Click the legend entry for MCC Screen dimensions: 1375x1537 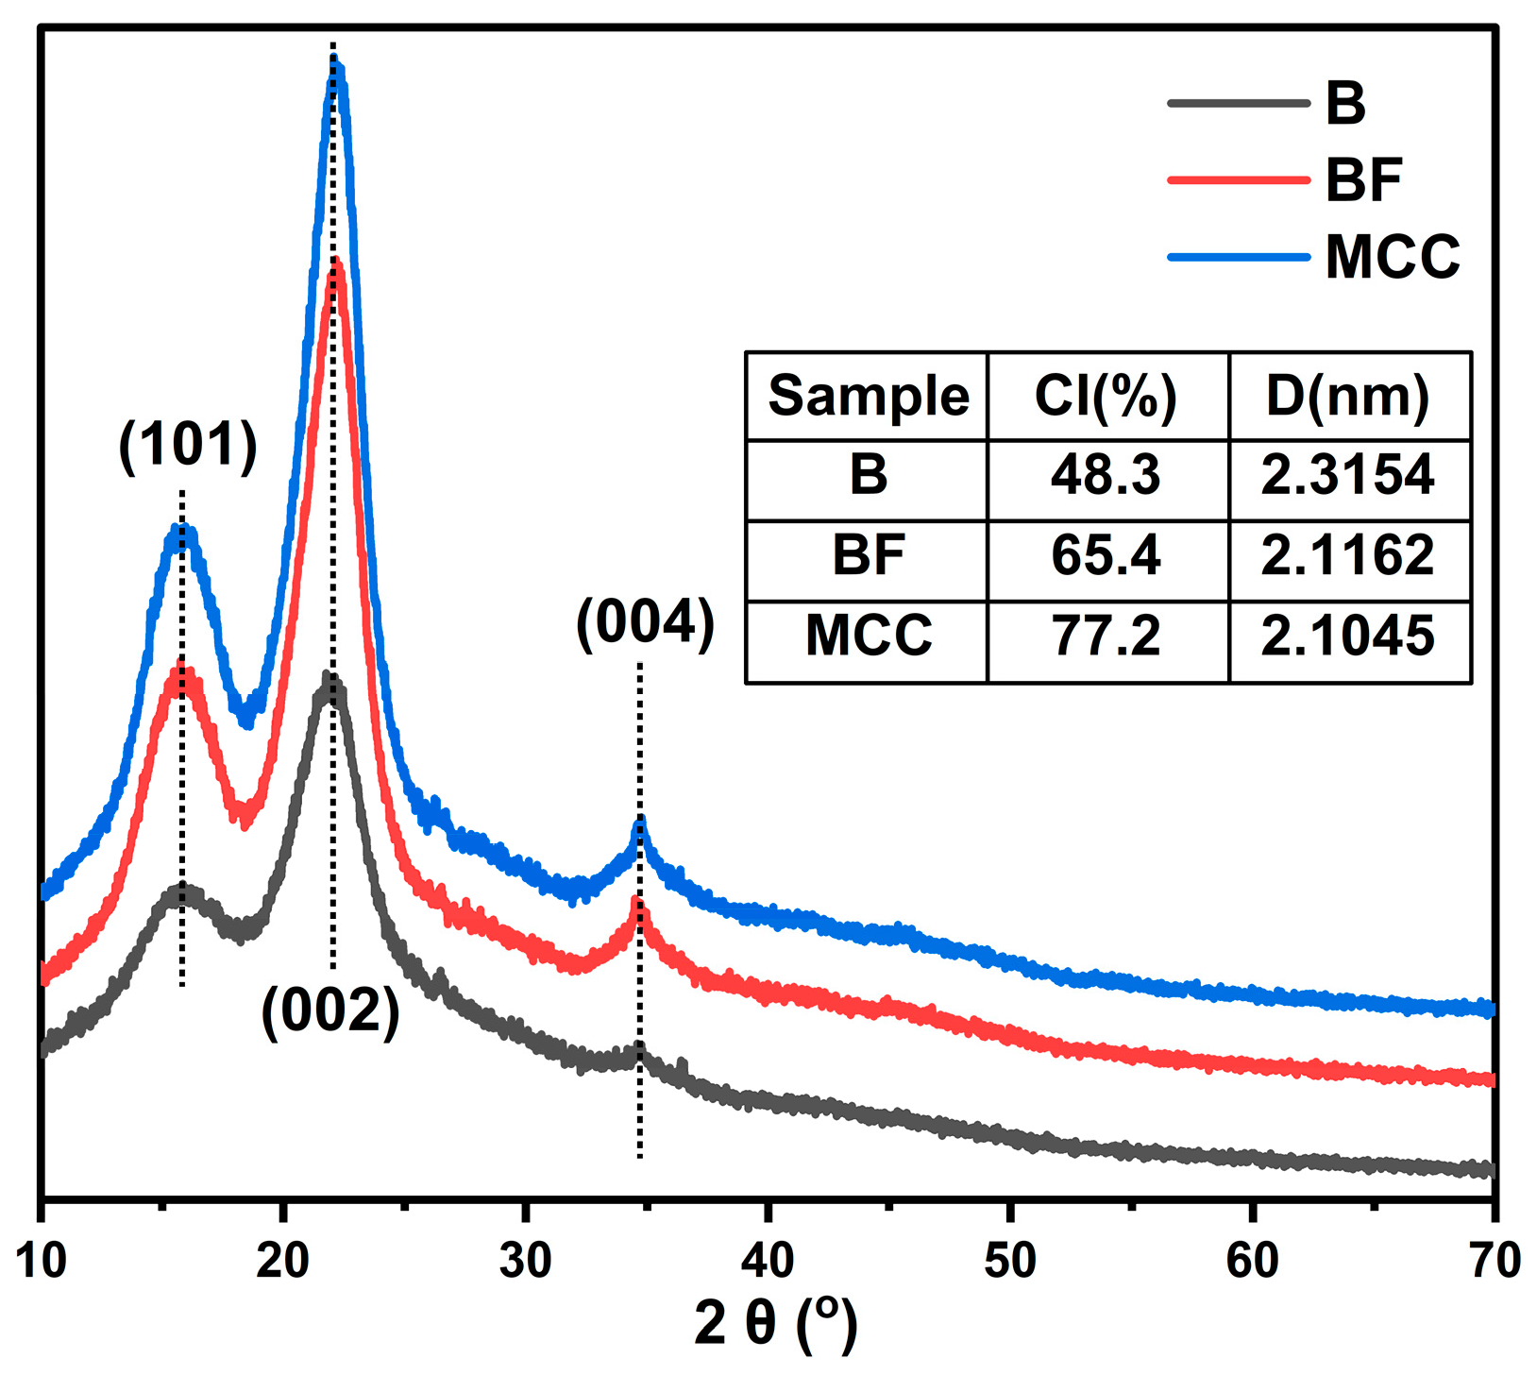tap(1392, 256)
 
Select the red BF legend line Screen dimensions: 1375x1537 tap(1239, 178)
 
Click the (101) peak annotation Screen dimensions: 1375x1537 tap(188, 444)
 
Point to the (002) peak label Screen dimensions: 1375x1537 tap(330, 1011)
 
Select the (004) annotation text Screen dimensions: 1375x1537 tap(646, 624)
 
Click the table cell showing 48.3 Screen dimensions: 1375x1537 tap(1106, 474)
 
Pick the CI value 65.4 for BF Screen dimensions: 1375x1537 tap(1106, 554)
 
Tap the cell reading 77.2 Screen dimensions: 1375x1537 tap(1106, 636)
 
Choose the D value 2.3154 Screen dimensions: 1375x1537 tap(1347, 474)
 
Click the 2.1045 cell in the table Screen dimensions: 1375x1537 tap(1347, 636)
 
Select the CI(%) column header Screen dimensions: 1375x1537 tap(1106, 396)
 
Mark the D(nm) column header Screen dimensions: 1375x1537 tap(1347, 396)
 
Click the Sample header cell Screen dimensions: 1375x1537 tap(868, 396)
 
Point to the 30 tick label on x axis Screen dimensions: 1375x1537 tap(526, 1261)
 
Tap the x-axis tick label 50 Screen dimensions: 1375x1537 tap(1010, 1261)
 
